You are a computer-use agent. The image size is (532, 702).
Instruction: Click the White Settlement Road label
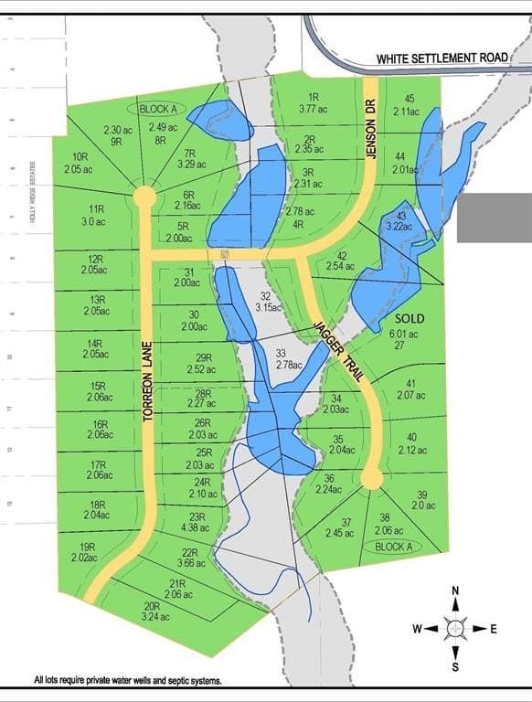(x=442, y=58)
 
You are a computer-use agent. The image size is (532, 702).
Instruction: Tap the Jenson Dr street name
(x=372, y=130)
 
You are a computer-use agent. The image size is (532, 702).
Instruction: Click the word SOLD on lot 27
(x=410, y=318)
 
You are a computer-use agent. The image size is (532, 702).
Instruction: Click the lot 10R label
(x=79, y=163)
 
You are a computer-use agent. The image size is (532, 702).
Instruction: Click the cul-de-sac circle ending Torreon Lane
(x=144, y=197)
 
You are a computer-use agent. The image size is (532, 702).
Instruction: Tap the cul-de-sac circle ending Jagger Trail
(x=371, y=478)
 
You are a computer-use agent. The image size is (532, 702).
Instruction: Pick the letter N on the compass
(x=454, y=591)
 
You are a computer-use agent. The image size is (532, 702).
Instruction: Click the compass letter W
(x=418, y=629)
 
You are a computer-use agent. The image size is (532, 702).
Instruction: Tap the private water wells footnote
(x=128, y=681)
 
